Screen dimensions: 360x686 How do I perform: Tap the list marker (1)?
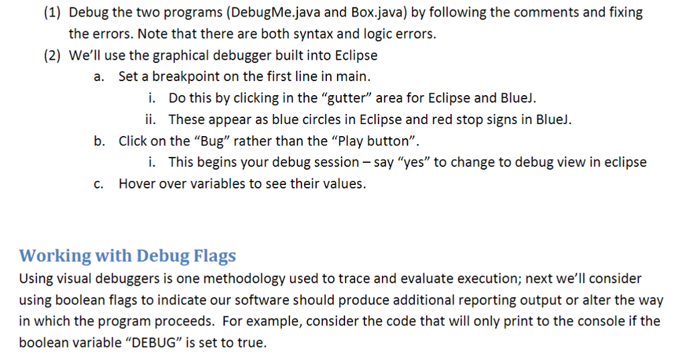click(x=53, y=12)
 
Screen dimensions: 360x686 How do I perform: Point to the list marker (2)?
click(x=53, y=56)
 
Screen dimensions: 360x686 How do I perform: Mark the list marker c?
click(x=98, y=184)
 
